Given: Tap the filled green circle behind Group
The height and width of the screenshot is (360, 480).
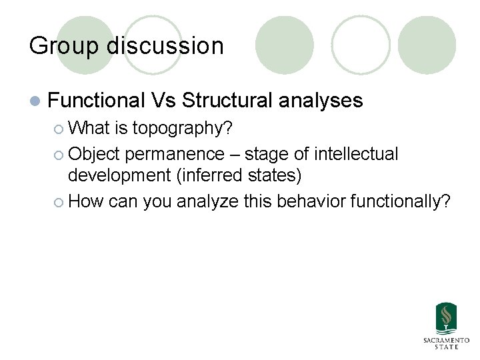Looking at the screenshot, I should pos(85,37).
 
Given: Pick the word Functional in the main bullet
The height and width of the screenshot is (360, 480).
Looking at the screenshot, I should pos(97,101).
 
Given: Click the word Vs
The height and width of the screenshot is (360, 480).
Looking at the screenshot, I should pos(163,101).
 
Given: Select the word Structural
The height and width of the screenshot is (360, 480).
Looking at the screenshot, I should pos(227,101).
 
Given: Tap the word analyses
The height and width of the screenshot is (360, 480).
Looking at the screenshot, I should pos(321,101).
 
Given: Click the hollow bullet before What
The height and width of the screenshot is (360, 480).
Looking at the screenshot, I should pos(59,128).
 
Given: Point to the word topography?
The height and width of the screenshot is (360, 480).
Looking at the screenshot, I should pos(182,127).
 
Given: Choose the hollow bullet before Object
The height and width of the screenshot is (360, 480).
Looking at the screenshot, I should pos(59,155).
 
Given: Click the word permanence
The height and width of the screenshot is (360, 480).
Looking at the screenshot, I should pos(175,154).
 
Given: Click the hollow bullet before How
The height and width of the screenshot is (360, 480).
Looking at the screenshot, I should pos(59,201).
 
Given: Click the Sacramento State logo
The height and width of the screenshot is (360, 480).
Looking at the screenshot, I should pos(446,326).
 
